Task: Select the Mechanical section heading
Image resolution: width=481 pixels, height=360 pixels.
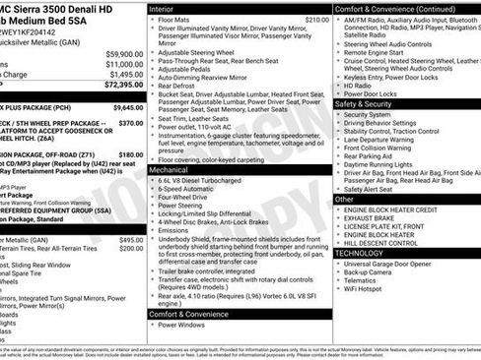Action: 174,170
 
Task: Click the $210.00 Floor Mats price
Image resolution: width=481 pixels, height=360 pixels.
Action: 316,20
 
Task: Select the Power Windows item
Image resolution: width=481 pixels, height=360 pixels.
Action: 184,325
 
